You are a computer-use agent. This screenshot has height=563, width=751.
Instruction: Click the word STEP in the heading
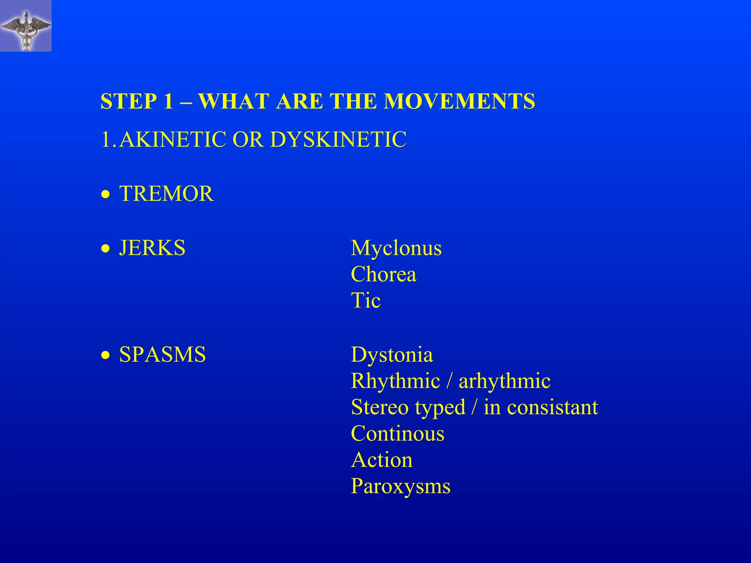coord(128,101)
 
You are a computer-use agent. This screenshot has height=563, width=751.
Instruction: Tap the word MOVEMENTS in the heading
coord(459,101)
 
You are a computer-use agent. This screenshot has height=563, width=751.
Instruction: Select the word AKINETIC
coord(173,140)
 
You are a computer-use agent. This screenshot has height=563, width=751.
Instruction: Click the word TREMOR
coord(166,194)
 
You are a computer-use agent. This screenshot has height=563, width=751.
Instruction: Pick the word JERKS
coord(152,248)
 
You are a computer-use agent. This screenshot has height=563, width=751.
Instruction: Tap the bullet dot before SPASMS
coord(106,356)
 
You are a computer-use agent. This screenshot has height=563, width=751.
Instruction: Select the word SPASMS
coord(162,354)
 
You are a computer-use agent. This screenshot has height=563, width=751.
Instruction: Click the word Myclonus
coord(396,248)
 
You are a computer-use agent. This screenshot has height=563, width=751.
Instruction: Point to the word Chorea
coord(384,275)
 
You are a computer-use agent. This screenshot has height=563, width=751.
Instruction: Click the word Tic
coord(366,301)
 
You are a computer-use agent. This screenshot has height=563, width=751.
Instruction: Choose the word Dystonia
coord(392,355)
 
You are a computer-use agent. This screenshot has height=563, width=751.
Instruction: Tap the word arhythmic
coord(505,381)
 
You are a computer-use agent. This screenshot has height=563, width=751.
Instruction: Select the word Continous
coord(398,434)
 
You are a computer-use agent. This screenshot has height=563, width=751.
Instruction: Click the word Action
coord(382,460)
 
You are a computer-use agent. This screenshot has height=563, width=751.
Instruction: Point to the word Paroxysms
coord(400,487)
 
